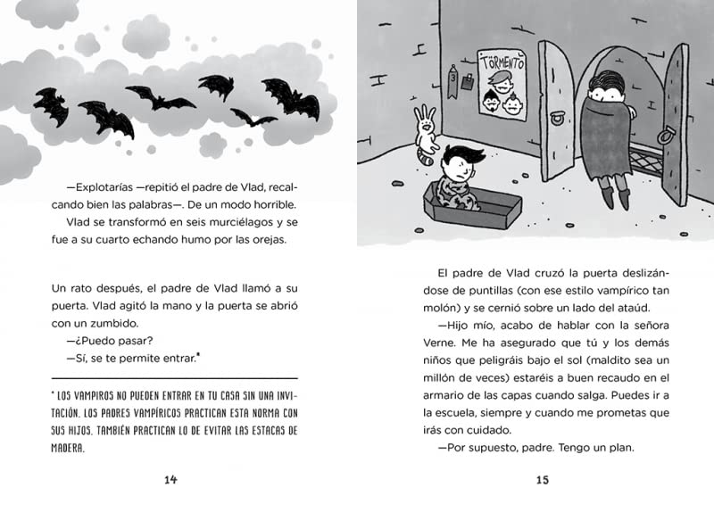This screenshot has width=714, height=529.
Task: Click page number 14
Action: point(171,481)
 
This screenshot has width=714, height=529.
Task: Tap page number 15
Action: point(541,481)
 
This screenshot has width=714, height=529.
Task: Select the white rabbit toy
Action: point(428,134)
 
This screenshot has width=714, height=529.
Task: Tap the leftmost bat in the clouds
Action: point(51,108)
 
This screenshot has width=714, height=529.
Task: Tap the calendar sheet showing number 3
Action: point(452,81)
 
